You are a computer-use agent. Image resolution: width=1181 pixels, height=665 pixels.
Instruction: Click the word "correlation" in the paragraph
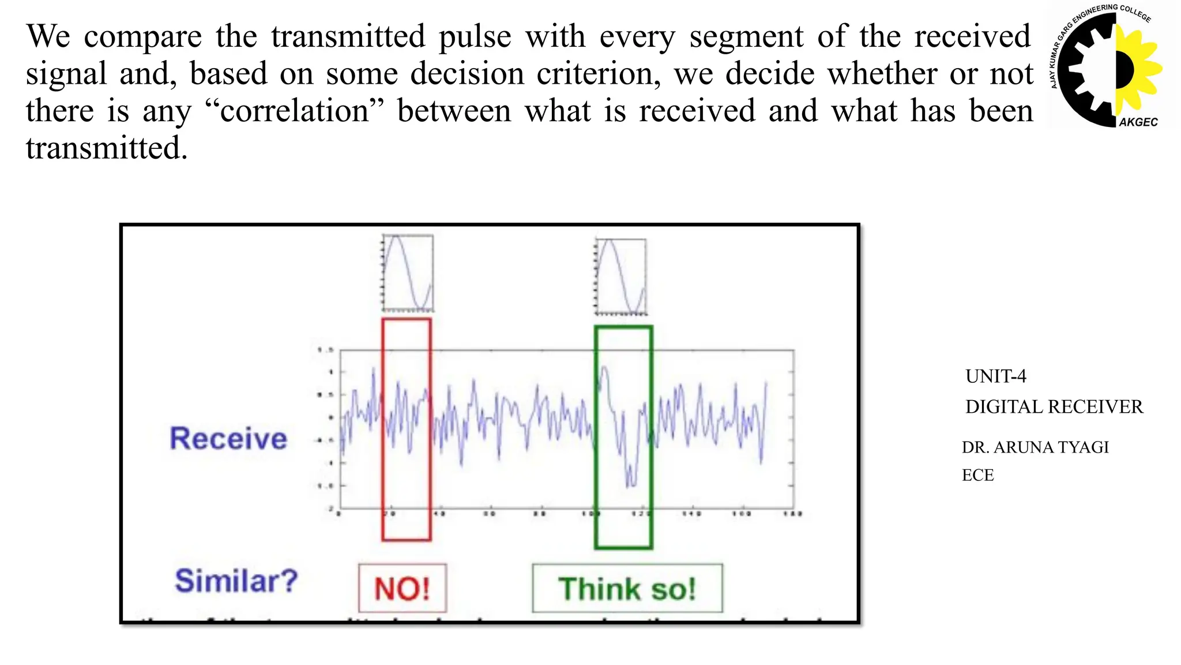pos(294,111)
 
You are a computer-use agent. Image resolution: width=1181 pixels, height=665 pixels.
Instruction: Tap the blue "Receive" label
pos(228,438)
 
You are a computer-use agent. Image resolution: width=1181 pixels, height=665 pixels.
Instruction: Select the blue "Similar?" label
pos(236,581)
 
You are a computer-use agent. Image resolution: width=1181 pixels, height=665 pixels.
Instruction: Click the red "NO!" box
pos(403,588)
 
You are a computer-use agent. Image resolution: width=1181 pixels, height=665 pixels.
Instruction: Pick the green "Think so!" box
pos(627,588)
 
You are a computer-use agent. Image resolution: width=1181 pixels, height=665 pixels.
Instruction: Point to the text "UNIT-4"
pos(996,376)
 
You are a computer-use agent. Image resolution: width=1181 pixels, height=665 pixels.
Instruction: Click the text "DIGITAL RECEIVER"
pos(1054,407)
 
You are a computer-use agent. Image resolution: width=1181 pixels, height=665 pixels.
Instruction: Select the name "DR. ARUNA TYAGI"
pos(1035,447)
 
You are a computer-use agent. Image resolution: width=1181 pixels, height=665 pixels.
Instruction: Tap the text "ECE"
pos(977,475)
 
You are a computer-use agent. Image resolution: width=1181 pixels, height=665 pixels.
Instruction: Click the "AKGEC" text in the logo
pos(1138,122)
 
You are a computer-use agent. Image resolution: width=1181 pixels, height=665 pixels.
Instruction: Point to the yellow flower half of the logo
pos(1139,69)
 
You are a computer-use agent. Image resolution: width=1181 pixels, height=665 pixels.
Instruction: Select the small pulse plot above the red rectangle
pos(408,273)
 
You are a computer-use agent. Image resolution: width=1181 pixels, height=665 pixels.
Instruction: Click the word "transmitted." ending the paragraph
pos(107,148)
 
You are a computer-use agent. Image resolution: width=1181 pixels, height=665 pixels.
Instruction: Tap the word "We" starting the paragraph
pos(48,36)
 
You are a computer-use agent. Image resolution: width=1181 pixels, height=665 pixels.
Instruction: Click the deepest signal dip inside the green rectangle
pos(630,484)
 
